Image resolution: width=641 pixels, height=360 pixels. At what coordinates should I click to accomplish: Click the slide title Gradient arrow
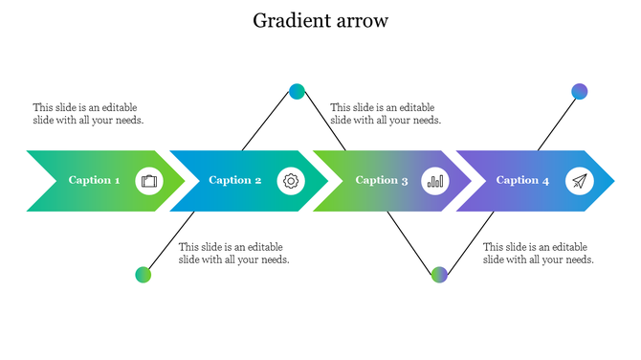pyautogui.click(x=320, y=20)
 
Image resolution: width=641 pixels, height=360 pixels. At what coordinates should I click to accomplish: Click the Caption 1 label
pyautogui.click(x=94, y=180)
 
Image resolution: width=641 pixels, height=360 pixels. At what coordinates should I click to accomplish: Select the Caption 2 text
pyautogui.click(x=235, y=180)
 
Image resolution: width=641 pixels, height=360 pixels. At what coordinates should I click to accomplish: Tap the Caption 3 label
pyautogui.click(x=382, y=180)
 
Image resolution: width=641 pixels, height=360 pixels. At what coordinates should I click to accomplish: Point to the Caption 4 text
pyautogui.click(x=522, y=180)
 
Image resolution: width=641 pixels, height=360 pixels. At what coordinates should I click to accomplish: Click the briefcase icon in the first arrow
pyautogui.click(x=148, y=180)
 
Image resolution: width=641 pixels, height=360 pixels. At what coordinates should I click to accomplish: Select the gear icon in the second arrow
pyautogui.click(x=291, y=180)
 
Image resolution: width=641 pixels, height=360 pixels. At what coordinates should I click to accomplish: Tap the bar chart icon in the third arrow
pyautogui.click(x=435, y=180)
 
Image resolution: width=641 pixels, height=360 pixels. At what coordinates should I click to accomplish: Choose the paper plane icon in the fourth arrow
pyautogui.click(x=579, y=180)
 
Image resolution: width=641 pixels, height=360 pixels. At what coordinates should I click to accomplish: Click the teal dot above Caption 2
pyautogui.click(x=297, y=92)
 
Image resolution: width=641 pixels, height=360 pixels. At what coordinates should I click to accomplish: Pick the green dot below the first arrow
pyautogui.click(x=144, y=275)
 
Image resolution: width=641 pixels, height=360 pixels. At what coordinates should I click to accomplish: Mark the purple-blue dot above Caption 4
pyautogui.click(x=579, y=92)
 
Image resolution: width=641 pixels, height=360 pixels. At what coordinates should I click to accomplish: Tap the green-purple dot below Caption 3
pyautogui.click(x=439, y=275)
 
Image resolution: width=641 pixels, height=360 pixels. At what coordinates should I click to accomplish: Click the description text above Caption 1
pyautogui.click(x=88, y=114)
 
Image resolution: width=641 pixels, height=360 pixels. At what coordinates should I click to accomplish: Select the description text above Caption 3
pyautogui.click(x=386, y=114)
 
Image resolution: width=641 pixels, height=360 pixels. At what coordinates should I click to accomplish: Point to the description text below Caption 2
pyautogui.click(x=233, y=253)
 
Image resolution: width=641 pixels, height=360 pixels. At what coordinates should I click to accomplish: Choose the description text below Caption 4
pyautogui.click(x=538, y=253)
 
